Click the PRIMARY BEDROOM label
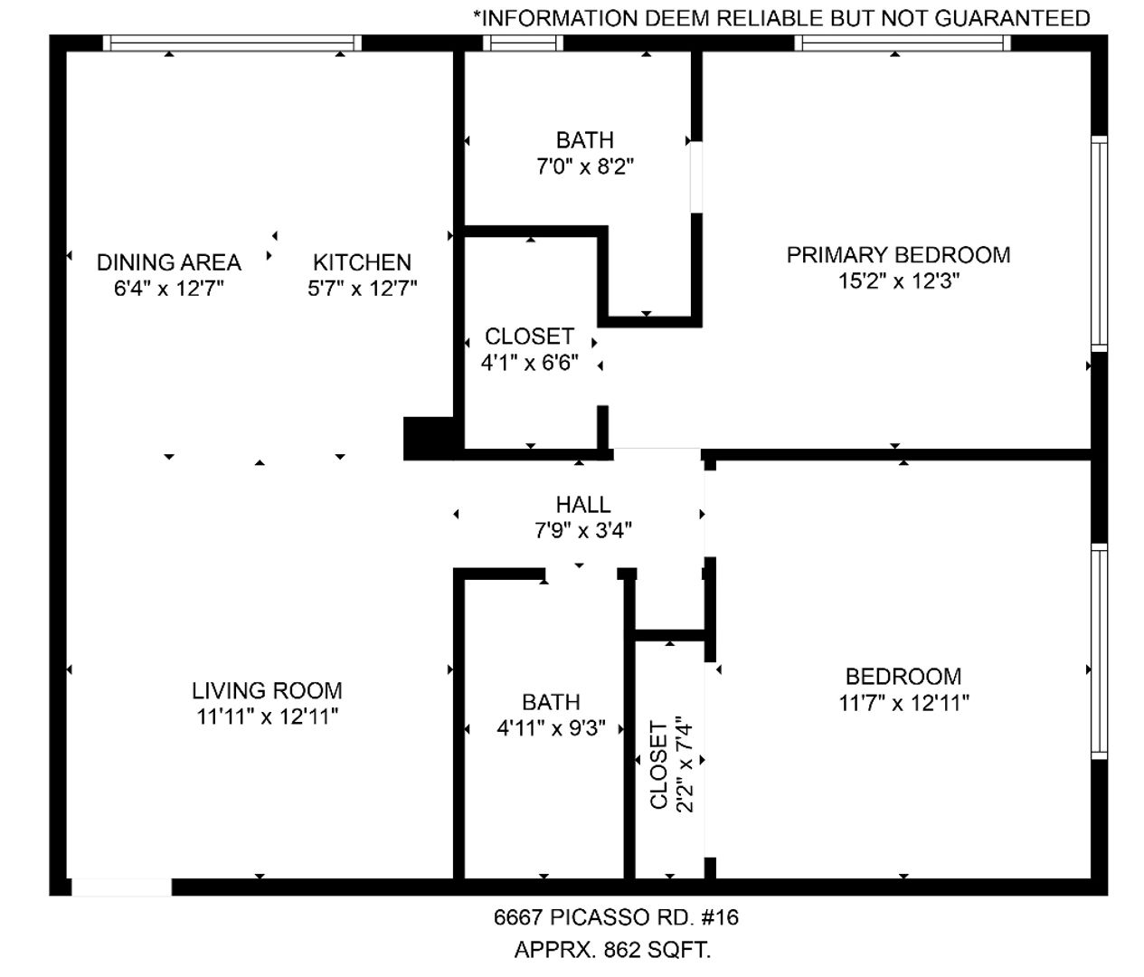(x=898, y=255)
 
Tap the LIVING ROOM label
(x=268, y=691)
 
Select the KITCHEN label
(x=362, y=262)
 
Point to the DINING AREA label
(x=169, y=262)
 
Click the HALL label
(x=583, y=505)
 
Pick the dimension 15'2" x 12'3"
(x=898, y=281)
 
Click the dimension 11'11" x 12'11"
(x=268, y=716)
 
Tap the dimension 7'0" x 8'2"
(x=585, y=166)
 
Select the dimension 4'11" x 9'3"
(x=552, y=728)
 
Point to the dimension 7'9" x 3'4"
(x=583, y=531)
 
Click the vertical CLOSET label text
(x=658, y=764)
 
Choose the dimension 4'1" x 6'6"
(x=530, y=363)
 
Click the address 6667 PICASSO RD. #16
(x=616, y=917)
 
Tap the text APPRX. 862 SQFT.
(x=612, y=950)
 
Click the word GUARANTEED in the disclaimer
(x=1012, y=18)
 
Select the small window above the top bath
(x=523, y=43)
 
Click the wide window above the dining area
(x=232, y=43)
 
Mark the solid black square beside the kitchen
(x=429, y=439)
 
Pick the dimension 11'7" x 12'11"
(x=903, y=703)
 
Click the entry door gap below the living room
(x=121, y=887)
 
